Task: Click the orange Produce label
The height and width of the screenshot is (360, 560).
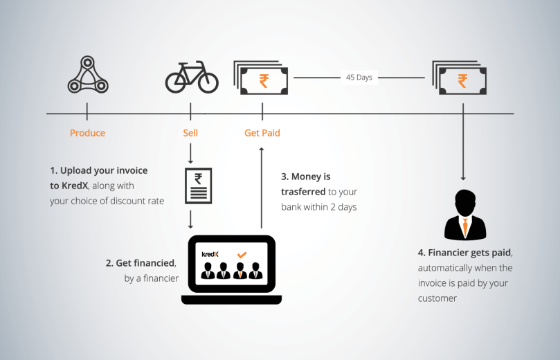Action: point(87,132)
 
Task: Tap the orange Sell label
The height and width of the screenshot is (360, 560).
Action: point(190,132)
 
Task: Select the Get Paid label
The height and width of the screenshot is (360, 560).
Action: point(262,132)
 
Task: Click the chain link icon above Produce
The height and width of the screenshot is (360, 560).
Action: point(87,76)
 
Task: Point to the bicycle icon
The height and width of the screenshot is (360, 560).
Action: point(191,78)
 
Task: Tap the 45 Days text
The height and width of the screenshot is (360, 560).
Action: point(359,78)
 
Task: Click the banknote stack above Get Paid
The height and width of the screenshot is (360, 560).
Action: point(262,78)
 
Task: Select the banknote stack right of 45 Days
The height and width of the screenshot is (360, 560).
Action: point(460,78)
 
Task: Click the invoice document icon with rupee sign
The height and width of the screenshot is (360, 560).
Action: point(198,186)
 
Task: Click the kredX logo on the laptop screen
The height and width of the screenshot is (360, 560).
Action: point(210,254)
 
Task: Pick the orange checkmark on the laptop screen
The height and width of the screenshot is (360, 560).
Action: point(242,255)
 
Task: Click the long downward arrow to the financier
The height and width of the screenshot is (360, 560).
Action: point(462,145)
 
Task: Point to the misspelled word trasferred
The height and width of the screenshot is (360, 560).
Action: point(304,192)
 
